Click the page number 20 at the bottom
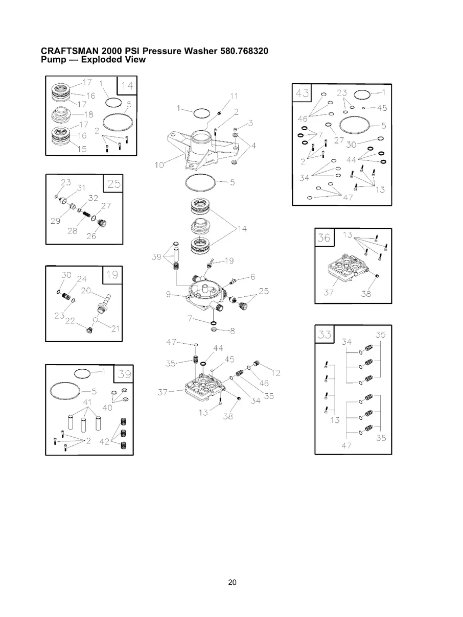tap(232, 582)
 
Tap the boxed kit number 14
tap(127, 86)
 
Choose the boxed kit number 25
tap(113, 184)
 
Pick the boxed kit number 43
tap(302, 93)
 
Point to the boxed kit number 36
tap(324, 238)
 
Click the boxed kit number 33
tap(325, 335)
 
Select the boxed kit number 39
tap(124, 374)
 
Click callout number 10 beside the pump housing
tap(159, 165)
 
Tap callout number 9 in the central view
tap(168, 294)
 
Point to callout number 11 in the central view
tap(234, 97)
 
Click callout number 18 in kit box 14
tap(88, 115)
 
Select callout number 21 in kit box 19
tap(115, 328)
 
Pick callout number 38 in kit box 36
tap(366, 294)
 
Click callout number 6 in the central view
tap(253, 277)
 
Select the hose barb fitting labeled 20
tap(103, 303)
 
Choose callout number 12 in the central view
tap(276, 373)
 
